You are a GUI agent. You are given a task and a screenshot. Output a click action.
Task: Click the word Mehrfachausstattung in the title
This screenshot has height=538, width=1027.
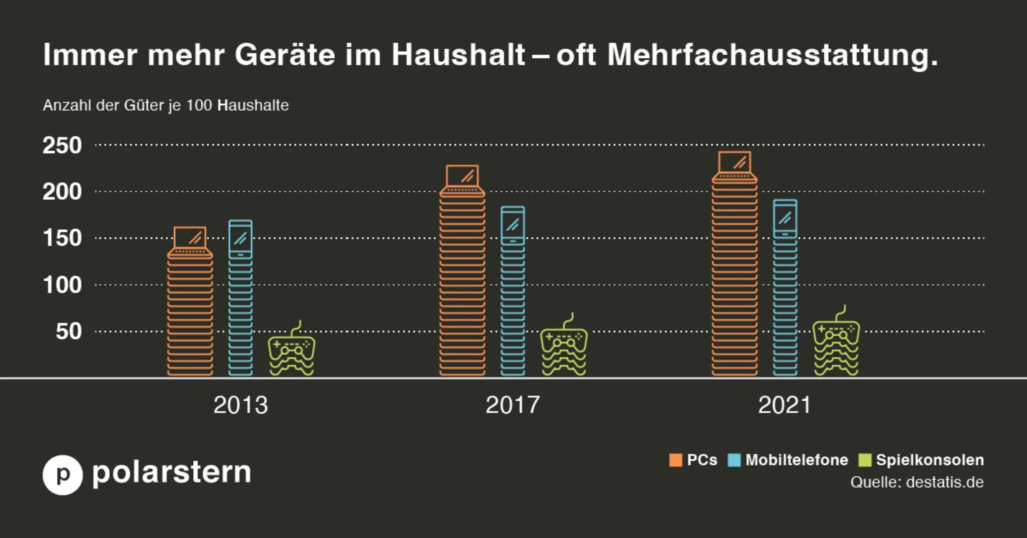point(772,55)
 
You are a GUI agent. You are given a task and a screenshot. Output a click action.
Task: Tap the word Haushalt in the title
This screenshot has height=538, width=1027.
point(458,54)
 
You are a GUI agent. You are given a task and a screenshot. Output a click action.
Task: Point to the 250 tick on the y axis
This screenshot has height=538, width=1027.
point(62,145)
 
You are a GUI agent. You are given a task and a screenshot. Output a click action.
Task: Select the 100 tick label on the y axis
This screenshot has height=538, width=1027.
point(62,285)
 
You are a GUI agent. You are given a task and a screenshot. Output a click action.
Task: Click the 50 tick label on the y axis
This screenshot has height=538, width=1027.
point(68,331)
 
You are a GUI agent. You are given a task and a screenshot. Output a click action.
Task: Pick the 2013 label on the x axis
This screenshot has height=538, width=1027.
point(240,405)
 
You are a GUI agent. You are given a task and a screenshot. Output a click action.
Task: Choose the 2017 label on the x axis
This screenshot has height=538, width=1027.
point(513,405)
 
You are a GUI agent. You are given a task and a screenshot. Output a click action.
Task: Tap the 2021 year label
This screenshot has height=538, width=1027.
point(784,405)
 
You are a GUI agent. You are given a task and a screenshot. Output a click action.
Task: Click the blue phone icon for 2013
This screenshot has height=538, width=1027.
point(240,239)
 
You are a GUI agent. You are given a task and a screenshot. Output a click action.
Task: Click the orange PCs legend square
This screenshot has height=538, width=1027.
point(675,460)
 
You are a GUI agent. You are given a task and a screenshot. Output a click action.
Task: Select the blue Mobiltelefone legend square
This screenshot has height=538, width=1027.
point(734,460)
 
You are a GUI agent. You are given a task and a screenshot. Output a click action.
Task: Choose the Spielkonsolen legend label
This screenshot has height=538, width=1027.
point(930,460)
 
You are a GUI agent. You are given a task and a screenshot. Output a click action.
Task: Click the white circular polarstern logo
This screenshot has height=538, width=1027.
point(63,475)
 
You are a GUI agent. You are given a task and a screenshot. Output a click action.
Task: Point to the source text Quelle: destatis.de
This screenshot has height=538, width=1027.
point(917,482)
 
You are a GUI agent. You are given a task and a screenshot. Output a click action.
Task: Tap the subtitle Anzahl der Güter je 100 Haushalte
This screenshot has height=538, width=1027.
point(166,105)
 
